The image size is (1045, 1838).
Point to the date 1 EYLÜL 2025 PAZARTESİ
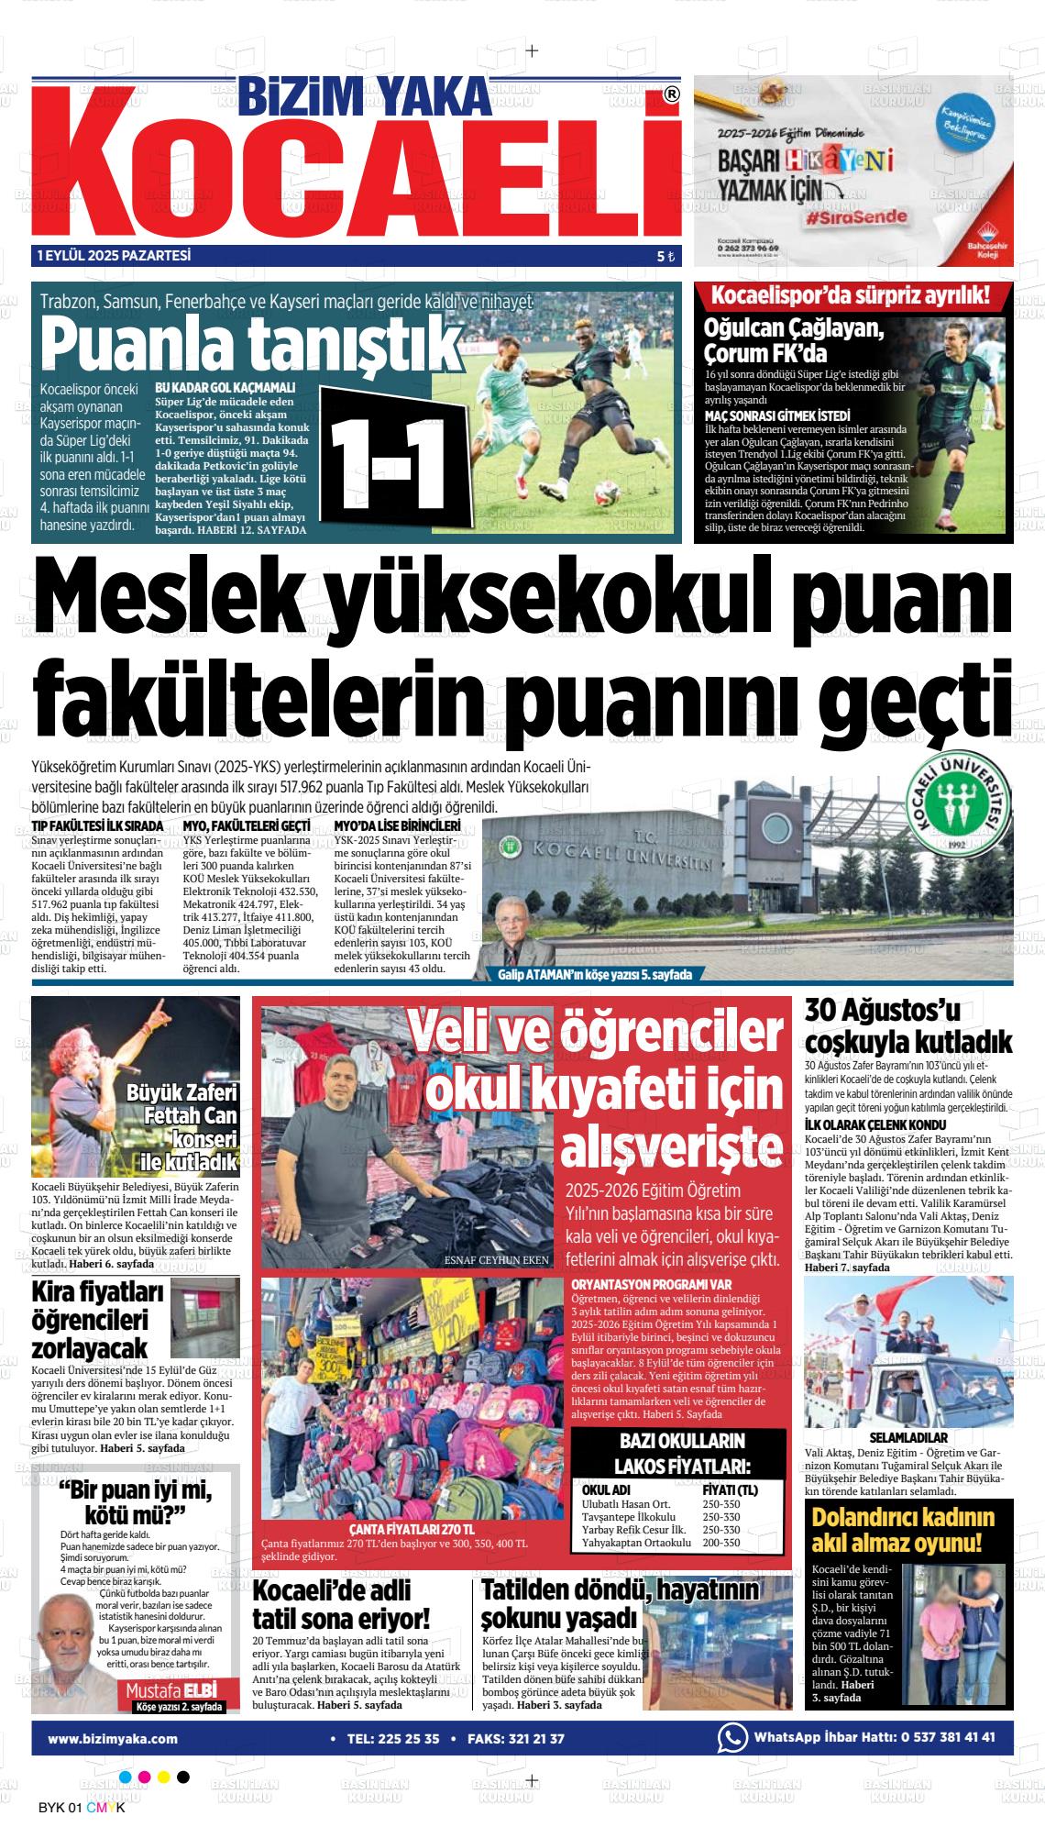tap(114, 256)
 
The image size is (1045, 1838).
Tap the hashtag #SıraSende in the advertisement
tap(857, 216)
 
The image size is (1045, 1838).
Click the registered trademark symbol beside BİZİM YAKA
tap(671, 94)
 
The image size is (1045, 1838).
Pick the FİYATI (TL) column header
tap(730, 1489)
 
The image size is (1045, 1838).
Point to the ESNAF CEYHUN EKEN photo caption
tap(496, 1259)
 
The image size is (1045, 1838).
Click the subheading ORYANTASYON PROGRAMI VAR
tap(651, 1284)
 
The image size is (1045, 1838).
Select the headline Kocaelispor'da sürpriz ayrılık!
tap(851, 295)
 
